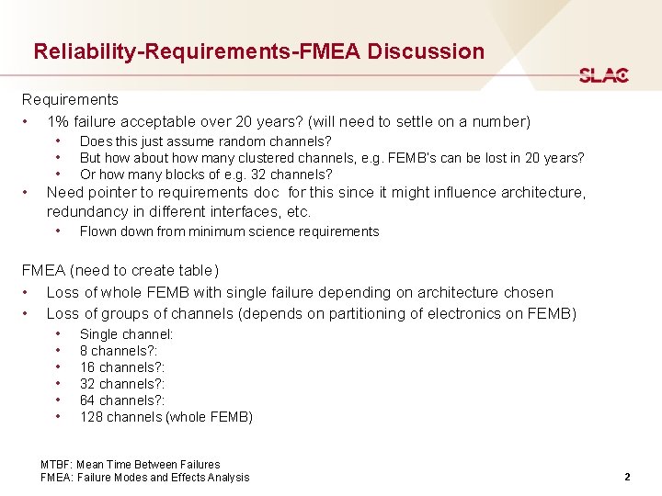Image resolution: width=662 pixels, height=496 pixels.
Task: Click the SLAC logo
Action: [x=603, y=75]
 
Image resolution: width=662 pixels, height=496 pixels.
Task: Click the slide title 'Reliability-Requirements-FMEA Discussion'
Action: [x=258, y=51]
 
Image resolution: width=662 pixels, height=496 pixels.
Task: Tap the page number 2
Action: [x=626, y=477]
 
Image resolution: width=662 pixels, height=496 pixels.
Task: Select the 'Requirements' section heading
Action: [x=70, y=99]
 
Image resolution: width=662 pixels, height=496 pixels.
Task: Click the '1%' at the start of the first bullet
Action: [x=57, y=121]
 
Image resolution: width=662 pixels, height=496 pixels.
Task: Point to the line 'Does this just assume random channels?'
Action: [x=205, y=141]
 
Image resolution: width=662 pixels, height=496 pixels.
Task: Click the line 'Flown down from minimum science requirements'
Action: [x=229, y=231]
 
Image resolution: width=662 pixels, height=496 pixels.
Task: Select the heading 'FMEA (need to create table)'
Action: [x=120, y=271]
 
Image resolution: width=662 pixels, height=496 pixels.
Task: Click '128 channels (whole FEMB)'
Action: [x=165, y=417]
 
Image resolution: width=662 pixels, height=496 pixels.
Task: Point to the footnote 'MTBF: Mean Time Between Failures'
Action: [x=131, y=465]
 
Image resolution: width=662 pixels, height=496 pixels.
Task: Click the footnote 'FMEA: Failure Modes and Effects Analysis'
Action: [x=144, y=478]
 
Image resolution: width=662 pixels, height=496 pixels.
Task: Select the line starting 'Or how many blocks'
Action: [x=206, y=175]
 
